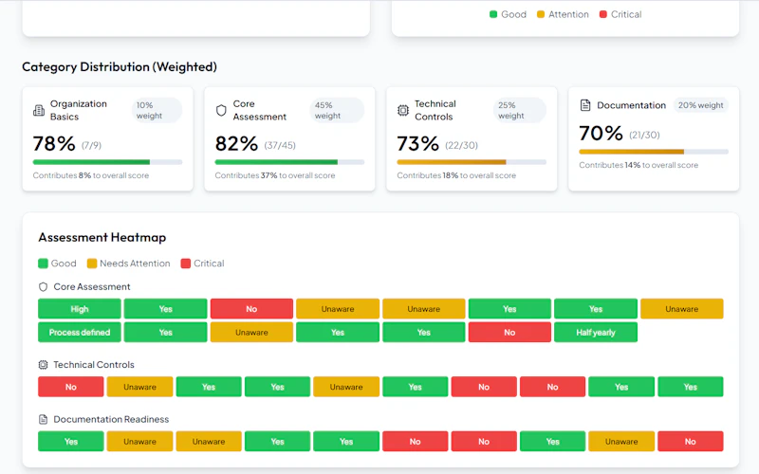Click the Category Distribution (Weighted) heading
pyautogui.click(x=120, y=66)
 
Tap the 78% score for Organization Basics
pyautogui.click(x=54, y=144)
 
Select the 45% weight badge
pyautogui.click(x=337, y=110)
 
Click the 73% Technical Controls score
pyautogui.click(x=417, y=144)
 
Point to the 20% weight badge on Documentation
pyautogui.click(x=700, y=105)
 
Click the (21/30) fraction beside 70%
pyautogui.click(x=644, y=135)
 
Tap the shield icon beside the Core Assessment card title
pyautogui.click(x=221, y=110)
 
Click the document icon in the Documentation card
pyautogui.click(x=585, y=105)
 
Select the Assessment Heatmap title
pyautogui.click(x=102, y=238)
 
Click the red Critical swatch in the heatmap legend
pyautogui.click(x=185, y=264)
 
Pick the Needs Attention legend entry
pyautogui.click(x=129, y=264)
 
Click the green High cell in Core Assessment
pyautogui.click(x=80, y=309)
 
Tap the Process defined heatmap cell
pyautogui.click(x=80, y=333)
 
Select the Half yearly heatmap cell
pyautogui.click(x=596, y=333)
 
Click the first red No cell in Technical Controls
pyautogui.click(x=70, y=387)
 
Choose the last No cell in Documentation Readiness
pyautogui.click(x=691, y=442)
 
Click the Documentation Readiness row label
pyautogui.click(x=111, y=419)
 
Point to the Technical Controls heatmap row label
pyautogui.click(x=94, y=365)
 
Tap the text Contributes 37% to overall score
pyautogui.click(x=275, y=175)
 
